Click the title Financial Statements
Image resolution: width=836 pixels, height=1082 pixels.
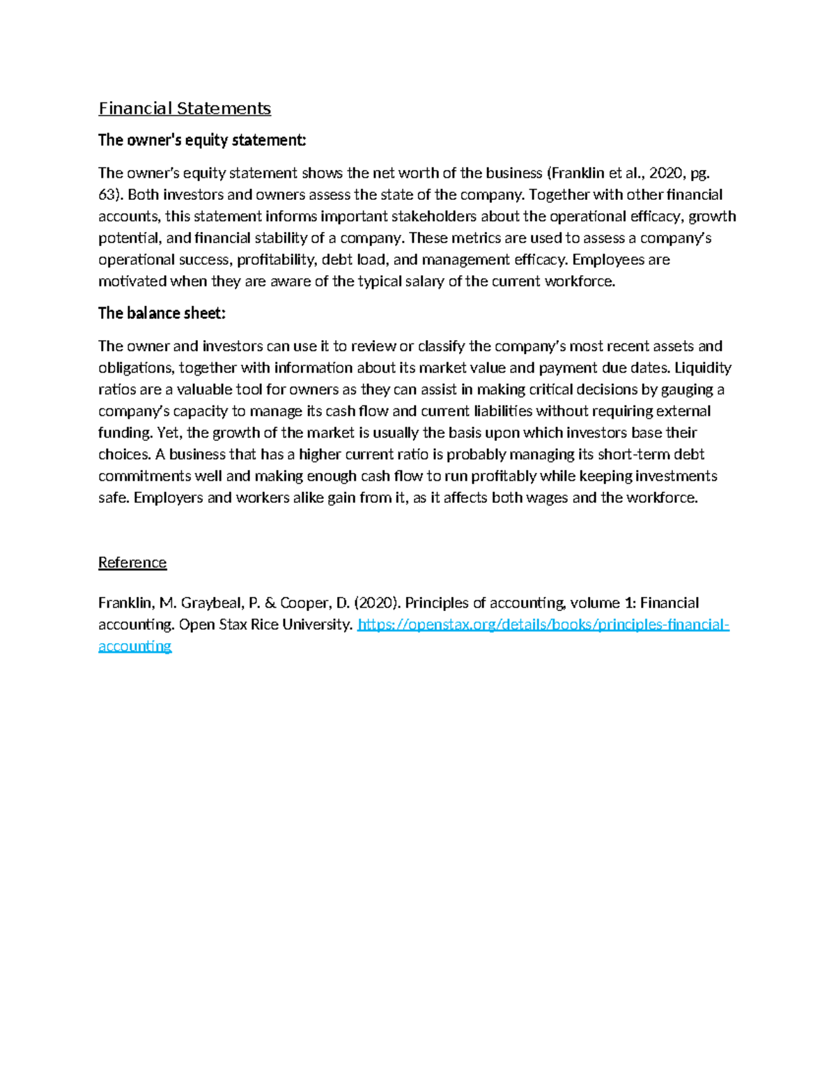[185, 109]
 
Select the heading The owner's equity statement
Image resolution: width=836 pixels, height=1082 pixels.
[202, 140]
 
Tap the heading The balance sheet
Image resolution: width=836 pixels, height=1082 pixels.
[162, 314]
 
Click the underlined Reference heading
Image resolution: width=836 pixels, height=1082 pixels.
[132, 563]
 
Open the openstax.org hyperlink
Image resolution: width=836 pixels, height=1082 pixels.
[543, 624]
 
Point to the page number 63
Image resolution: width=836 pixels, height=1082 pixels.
[108, 194]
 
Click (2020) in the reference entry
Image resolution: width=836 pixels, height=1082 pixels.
[377, 603]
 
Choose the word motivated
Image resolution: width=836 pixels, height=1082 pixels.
[132, 281]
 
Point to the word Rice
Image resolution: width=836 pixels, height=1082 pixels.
[264, 624]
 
